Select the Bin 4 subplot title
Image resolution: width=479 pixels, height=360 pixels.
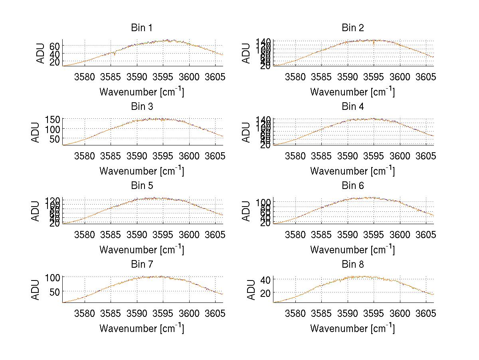(x=353, y=107)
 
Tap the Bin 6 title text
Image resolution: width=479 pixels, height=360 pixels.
(x=353, y=186)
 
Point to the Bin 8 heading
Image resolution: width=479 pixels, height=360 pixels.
(x=353, y=265)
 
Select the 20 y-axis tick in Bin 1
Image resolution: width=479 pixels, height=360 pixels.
(x=55, y=62)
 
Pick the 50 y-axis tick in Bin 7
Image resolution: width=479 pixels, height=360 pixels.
(x=55, y=292)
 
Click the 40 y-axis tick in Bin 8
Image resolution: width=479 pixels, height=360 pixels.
(x=266, y=279)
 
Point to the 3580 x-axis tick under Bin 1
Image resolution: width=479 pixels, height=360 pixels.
(x=85, y=76)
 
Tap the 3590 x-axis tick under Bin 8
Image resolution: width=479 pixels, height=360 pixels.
(x=348, y=313)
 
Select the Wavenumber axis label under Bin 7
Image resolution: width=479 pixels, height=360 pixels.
(x=142, y=328)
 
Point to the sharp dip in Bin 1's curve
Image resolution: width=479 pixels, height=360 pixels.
(x=115, y=55)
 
